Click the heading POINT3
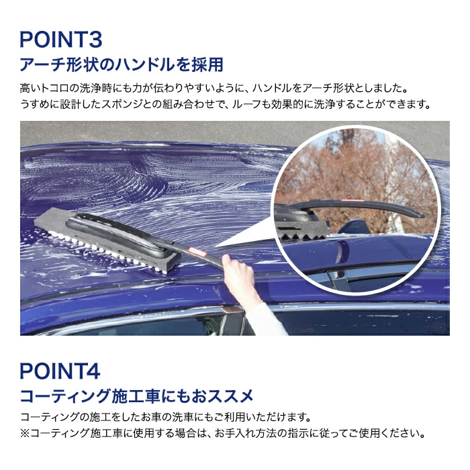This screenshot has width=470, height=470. tap(61, 39)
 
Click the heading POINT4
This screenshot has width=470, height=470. tap(60, 371)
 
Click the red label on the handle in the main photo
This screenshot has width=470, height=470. tap(197, 252)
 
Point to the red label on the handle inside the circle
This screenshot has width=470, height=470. tap(352, 200)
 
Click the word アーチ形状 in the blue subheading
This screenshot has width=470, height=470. tap(59, 64)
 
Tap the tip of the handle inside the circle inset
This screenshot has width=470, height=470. tap(423, 215)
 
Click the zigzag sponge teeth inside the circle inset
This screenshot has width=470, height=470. tap(303, 236)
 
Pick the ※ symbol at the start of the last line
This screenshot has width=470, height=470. tap(25, 433)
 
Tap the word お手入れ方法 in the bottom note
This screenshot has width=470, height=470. tap(246, 433)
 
